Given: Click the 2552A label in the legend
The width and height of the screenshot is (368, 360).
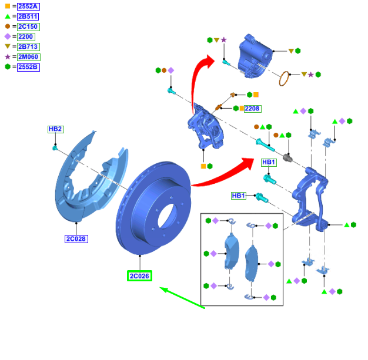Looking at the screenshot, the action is pyautogui.click(x=28, y=6).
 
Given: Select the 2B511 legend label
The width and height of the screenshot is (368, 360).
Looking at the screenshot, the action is pyautogui.click(x=28, y=16).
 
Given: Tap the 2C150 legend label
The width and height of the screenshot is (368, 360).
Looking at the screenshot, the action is pyautogui.click(x=28, y=27).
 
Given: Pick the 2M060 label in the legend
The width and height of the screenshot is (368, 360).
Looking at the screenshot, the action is pyautogui.click(x=29, y=57).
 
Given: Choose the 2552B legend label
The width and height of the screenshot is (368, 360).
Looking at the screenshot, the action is pyautogui.click(x=28, y=67).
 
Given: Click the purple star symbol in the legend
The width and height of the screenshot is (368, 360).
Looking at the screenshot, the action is pyautogui.click(x=8, y=57).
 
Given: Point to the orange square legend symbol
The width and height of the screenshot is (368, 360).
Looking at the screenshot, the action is pyautogui.click(x=8, y=6).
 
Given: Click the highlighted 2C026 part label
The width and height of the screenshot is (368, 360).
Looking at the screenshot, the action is pyautogui.click(x=139, y=276).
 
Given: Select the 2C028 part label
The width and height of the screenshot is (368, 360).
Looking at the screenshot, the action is pyautogui.click(x=76, y=239).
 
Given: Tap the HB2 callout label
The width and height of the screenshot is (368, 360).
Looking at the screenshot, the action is pyautogui.click(x=56, y=129).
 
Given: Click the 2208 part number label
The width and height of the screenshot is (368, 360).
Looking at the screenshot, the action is pyautogui.click(x=253, y=109).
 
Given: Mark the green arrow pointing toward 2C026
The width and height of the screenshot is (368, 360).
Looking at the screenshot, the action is pyautogui.click(x=182, y=298).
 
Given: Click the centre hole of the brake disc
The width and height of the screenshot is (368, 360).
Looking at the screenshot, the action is pyautogui.click(x=167, y=216).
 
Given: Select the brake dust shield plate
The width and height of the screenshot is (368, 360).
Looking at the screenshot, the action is pyautogui.click(x=91, y=179).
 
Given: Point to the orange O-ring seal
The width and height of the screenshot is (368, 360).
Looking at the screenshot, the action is pyautogui.click(x=284, y=79).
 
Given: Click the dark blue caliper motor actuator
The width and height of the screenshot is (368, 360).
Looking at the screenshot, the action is pyautogui.click(x=255, y=58).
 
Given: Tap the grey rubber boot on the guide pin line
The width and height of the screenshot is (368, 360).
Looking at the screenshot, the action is pyautogui.click(x=287, y=158).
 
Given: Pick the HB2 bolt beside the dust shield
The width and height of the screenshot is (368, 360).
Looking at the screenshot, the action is pyautogui.click(x=55, y=148).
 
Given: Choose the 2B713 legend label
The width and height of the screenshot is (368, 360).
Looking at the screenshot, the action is pyautogui.click(x=28, y=47).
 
